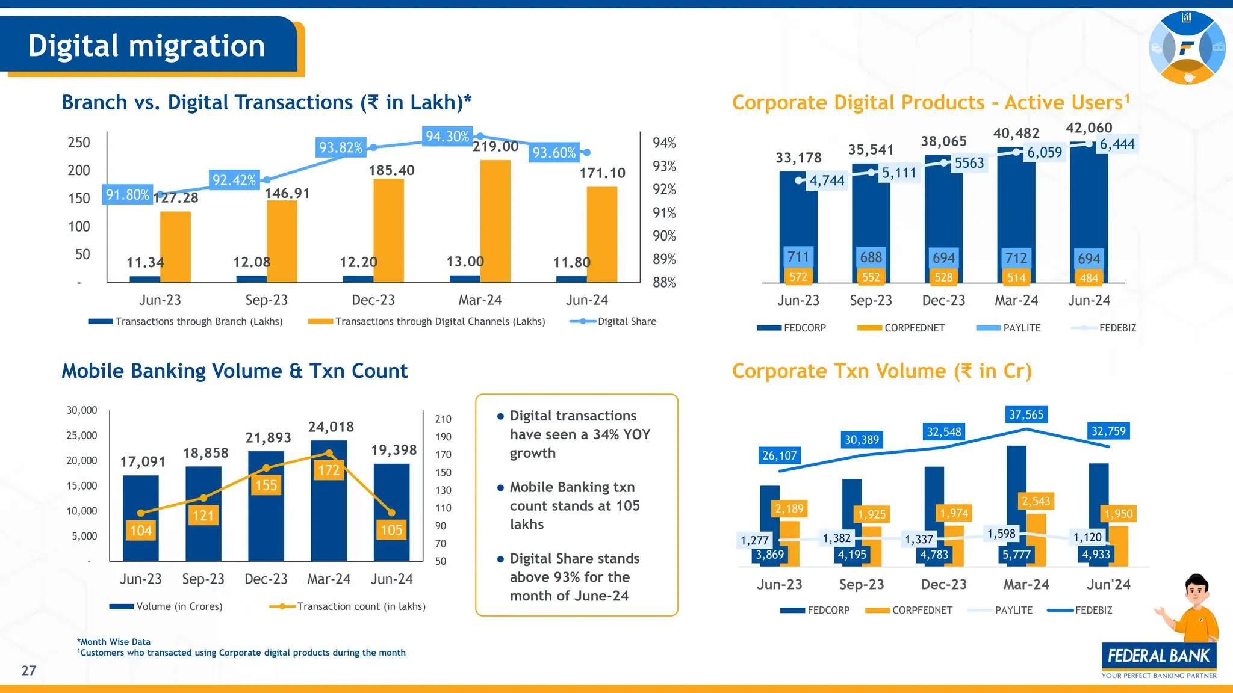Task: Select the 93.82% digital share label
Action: tap(341, 147)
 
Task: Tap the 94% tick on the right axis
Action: tap(664, 143)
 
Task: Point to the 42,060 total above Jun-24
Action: tap(1089, 128)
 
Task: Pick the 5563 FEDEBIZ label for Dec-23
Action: tap(969, 163)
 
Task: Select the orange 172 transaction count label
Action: tap(329, 470)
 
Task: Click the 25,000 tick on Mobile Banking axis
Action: tap(82, 435)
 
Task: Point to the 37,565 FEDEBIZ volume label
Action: tap(1026, 414)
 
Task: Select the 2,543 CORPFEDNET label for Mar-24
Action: tap(1036, 501)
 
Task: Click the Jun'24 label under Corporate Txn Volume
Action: tap(1108, 584)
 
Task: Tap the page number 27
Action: tap(29, 671)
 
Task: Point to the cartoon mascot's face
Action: tap(1197, 593)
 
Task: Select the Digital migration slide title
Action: tap(147, 46)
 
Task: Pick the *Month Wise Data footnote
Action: tap(114, 642)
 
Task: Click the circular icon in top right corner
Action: tap(1187, 48)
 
